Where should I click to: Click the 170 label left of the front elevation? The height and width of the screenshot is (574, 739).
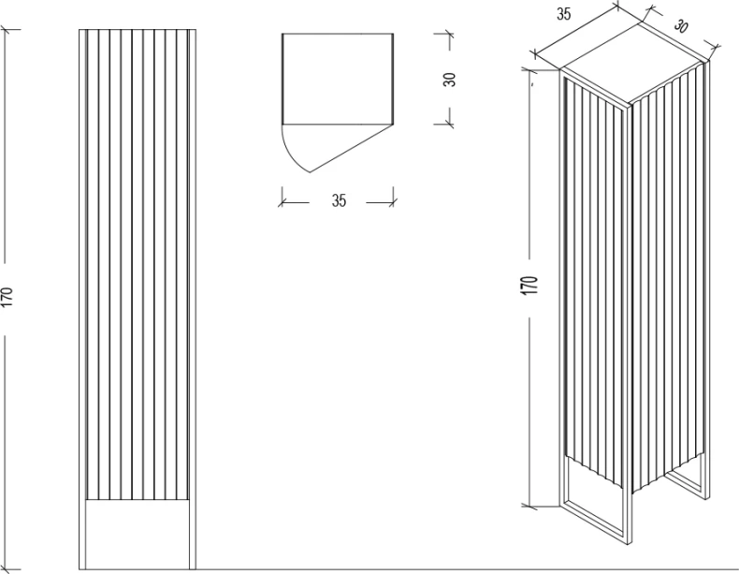click(x=7, y=297)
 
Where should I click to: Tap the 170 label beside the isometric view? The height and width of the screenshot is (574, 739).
click(x=529, y=286)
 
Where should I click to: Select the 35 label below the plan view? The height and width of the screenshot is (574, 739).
click(x=339, y=200)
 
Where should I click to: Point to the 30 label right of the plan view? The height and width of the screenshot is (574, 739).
click(x=450, y=80)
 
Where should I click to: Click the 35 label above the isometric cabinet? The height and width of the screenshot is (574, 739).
click(x=564, y=14)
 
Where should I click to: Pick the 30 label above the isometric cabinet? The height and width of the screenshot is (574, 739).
click(x=680, y=26)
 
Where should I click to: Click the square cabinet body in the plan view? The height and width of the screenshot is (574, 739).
click(x=338, y=79)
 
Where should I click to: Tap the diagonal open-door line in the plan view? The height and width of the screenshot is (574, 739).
click(x=352, y=148)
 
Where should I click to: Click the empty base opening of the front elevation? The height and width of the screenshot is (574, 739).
click(x=138, y=534)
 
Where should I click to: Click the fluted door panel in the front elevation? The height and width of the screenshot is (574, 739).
click(x=138, y=264)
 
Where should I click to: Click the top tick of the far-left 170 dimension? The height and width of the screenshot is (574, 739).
click(x=7, y=30)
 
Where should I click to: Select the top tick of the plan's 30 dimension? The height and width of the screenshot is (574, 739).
click(x=449, y=34)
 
